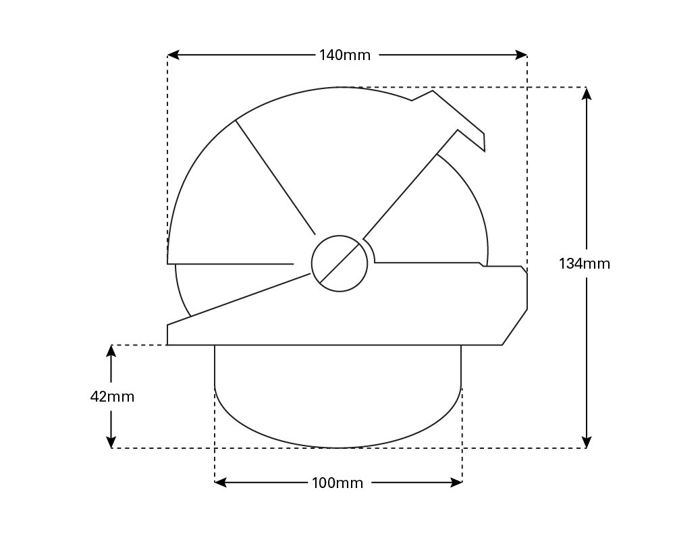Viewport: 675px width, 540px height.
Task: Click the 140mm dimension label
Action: tap(345, 55)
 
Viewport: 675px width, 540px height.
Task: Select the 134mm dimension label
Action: tap(584, 264)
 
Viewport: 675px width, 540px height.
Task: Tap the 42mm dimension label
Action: tap(112, 397)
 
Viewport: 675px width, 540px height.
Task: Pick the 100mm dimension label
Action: tap(337, 483)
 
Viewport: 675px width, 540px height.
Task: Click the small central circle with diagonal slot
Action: tap(340, 263)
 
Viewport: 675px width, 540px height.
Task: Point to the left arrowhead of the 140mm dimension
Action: tap(173, 55)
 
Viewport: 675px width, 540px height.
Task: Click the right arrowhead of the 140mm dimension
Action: tap(522, 55)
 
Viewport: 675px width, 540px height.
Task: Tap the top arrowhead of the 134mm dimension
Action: tap(587, 93)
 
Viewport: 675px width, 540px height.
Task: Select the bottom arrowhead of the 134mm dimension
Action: tap(587, 442)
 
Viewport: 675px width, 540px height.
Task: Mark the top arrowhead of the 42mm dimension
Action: tap(111, 350)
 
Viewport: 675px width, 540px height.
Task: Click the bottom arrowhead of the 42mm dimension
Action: tap(111, 442)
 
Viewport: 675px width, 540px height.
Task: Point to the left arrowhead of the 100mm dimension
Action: tap(220, 483)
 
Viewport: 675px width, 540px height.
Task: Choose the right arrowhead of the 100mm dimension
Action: tap(457, 483)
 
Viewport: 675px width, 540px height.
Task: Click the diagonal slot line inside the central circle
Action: tap(340, 263)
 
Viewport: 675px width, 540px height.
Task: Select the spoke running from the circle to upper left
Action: tap(275, 177)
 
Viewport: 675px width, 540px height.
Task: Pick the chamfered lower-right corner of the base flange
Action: tap(515, 327)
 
